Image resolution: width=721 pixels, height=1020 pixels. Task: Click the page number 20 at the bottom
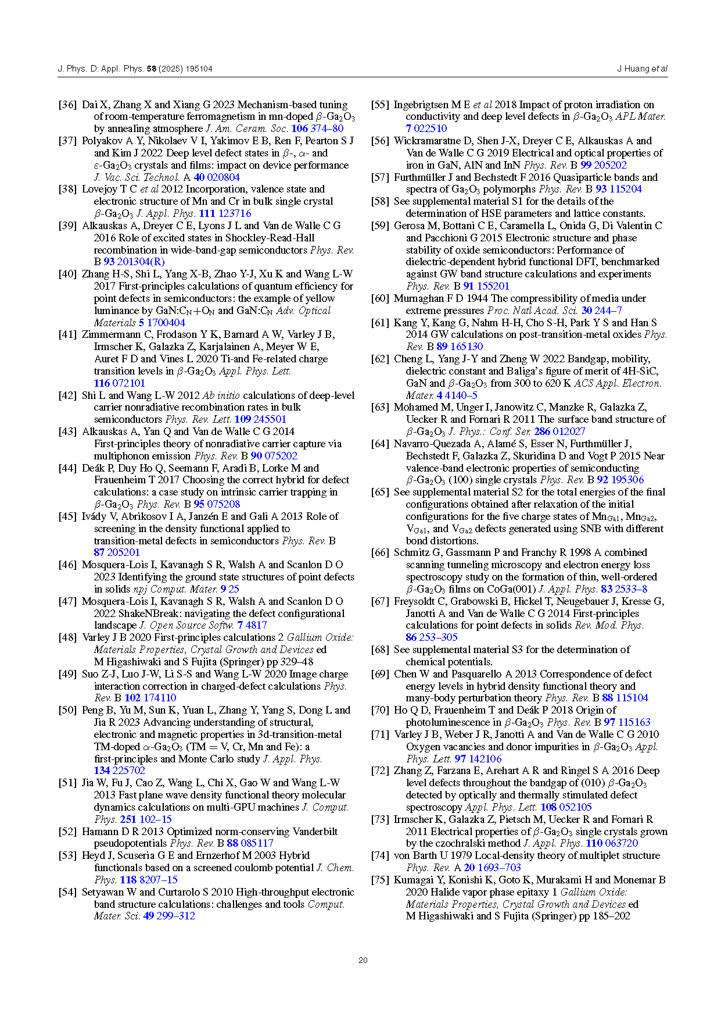click(x=363, y=960)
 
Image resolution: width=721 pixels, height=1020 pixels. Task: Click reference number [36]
click(x=67, y=105)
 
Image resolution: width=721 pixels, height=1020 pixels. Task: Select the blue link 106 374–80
click(x=317, y=129)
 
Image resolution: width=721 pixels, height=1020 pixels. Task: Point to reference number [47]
click(x=67, y=601)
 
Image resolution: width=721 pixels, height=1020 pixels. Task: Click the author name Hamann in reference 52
click(x=99, y=832)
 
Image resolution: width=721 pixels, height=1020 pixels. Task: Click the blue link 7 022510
click(x=426, y=129)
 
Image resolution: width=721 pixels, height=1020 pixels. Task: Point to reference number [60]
click(x=380, y=298)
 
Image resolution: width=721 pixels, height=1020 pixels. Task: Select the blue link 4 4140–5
click(x=457, y=395)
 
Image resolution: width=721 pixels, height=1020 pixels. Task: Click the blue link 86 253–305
click(x=432, y=637)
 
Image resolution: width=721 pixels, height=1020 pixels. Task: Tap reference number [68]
click(x=380, y=650)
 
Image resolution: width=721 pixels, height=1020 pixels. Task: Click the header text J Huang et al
click(x=642, y=69)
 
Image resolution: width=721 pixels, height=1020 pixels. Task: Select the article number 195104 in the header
click(x=199, y=69)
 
